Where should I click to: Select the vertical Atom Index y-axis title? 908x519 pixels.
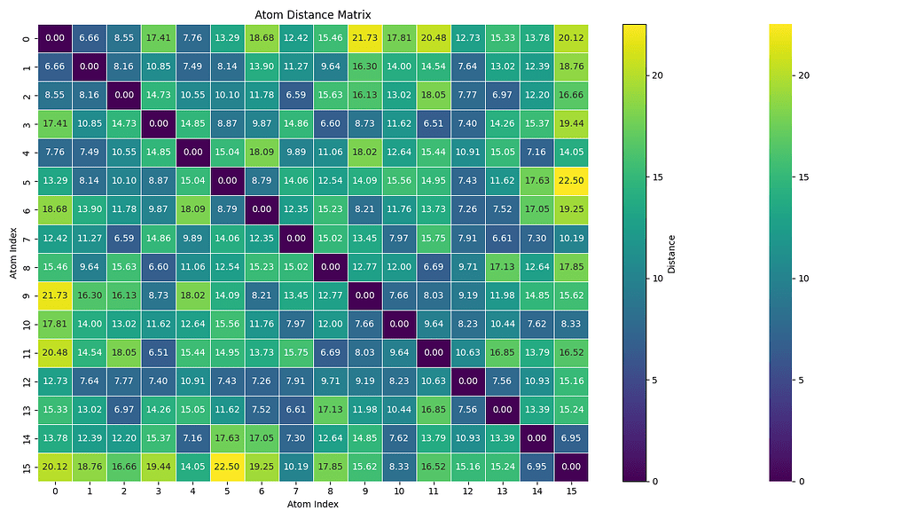tap(14, 252)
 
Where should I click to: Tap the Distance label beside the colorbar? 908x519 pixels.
tap(671, 253)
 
